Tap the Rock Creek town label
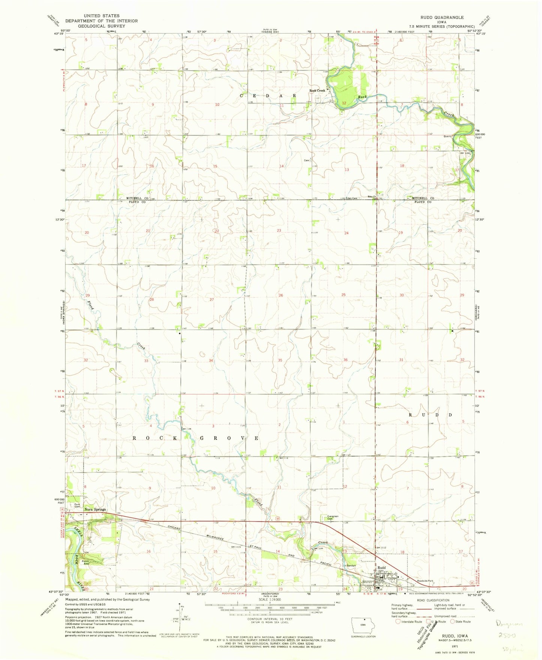tap(317, 91)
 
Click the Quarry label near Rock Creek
tap(448, 137)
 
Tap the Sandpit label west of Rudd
tap(351, 566)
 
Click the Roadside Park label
tap(425, 581)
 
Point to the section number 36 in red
tap(345, 360)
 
